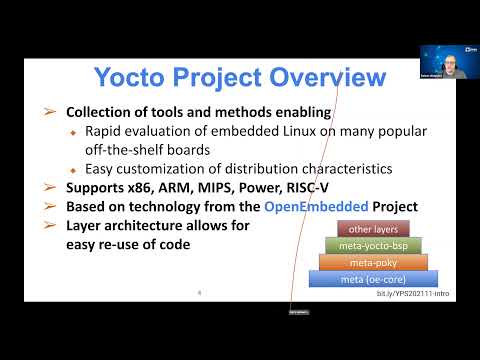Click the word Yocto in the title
click(x=131, y=77)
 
